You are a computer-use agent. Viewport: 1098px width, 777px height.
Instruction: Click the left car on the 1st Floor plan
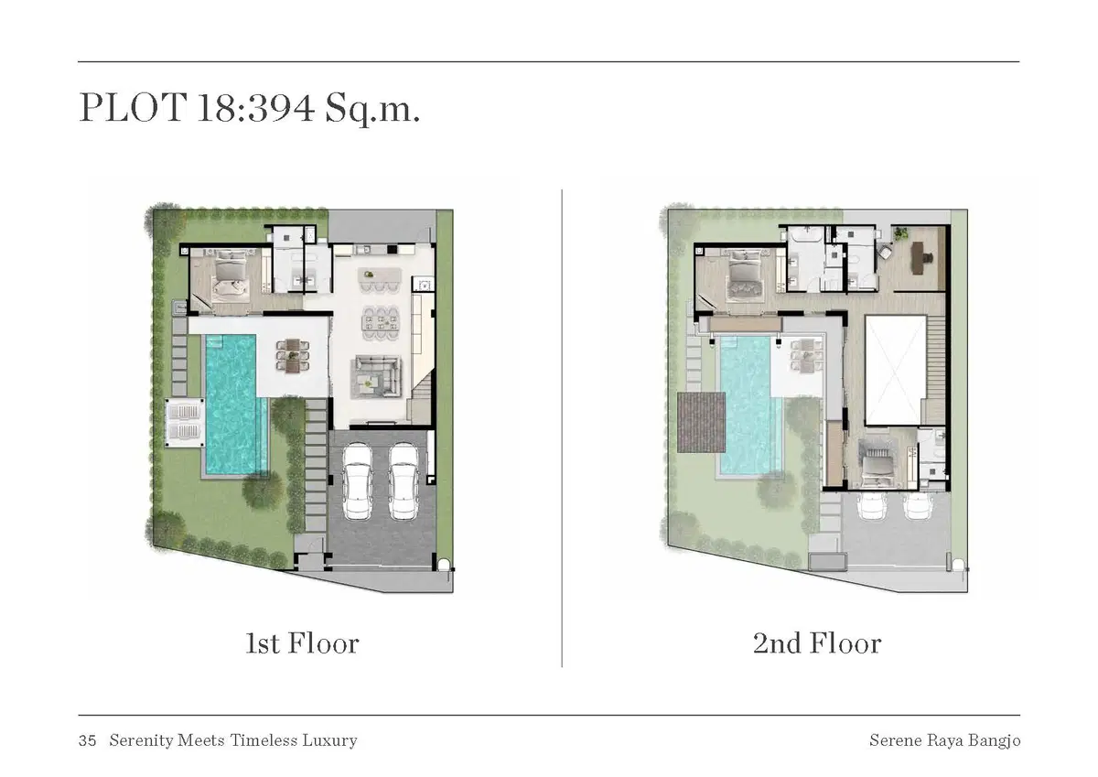357,481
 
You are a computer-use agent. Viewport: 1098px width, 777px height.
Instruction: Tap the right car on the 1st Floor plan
404,481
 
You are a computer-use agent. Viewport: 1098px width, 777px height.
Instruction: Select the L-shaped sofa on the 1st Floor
376,376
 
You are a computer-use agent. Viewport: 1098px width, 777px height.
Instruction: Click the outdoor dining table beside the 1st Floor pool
293,354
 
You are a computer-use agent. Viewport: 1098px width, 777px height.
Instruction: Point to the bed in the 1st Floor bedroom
230,275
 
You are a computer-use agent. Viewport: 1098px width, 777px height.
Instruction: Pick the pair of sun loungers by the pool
184,423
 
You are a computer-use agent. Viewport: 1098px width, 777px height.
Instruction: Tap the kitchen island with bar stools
380,279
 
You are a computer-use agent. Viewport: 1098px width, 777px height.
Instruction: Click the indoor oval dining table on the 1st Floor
381,324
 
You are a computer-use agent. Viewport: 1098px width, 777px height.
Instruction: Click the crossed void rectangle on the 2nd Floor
896,371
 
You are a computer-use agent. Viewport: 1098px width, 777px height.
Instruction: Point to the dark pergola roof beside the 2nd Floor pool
701,422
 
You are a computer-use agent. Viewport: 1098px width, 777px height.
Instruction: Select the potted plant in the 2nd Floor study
899,233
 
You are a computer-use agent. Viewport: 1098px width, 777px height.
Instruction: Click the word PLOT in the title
134,107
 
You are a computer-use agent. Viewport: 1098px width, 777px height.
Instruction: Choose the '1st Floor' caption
303,643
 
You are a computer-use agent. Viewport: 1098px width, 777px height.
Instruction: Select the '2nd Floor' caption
817,643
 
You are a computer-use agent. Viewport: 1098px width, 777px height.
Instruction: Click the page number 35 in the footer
87,740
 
